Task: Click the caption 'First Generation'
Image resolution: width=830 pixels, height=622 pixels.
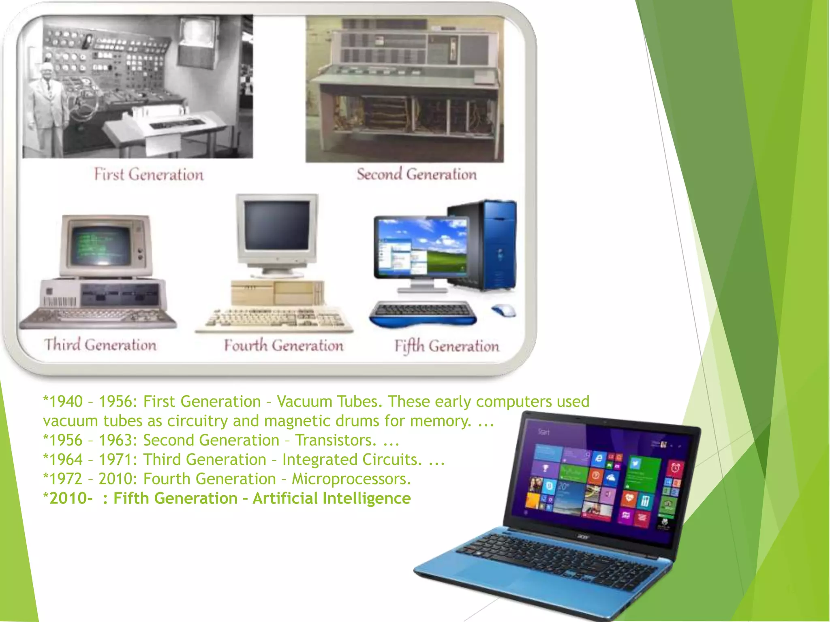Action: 149,175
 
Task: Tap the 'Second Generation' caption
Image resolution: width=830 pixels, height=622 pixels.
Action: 417,174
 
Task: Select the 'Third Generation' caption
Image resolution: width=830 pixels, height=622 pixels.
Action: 100,345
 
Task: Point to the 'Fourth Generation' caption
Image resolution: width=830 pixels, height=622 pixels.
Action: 284,345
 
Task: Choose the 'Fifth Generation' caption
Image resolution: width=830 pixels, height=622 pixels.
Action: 447,346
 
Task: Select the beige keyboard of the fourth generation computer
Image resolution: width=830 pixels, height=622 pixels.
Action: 274,318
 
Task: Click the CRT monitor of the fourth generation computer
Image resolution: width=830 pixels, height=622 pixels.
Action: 277,231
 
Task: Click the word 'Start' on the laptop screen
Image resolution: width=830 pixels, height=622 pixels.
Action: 543,432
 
